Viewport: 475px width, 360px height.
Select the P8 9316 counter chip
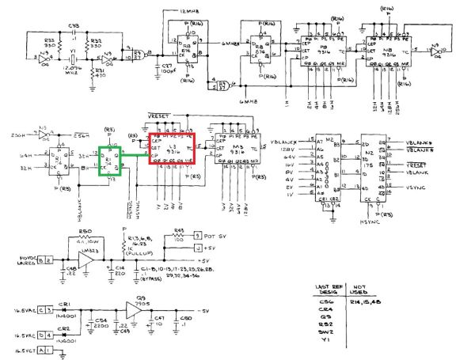tap(324, 51)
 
